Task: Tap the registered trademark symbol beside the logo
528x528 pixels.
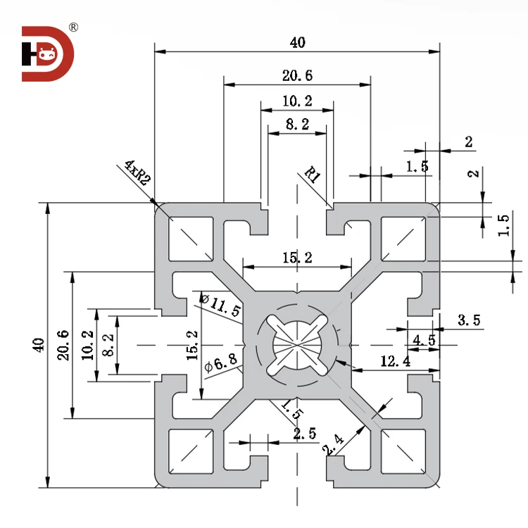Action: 73,28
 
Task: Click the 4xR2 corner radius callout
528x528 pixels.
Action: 137,172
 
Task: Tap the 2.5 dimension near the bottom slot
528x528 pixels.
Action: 304,434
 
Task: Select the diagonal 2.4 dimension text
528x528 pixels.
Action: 333,445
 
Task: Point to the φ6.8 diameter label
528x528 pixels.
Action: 218,365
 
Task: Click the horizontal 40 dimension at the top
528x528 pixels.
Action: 297,43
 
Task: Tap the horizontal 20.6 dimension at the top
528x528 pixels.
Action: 297,76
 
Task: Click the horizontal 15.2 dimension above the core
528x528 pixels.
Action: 297,258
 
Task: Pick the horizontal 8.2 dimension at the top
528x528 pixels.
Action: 297,125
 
